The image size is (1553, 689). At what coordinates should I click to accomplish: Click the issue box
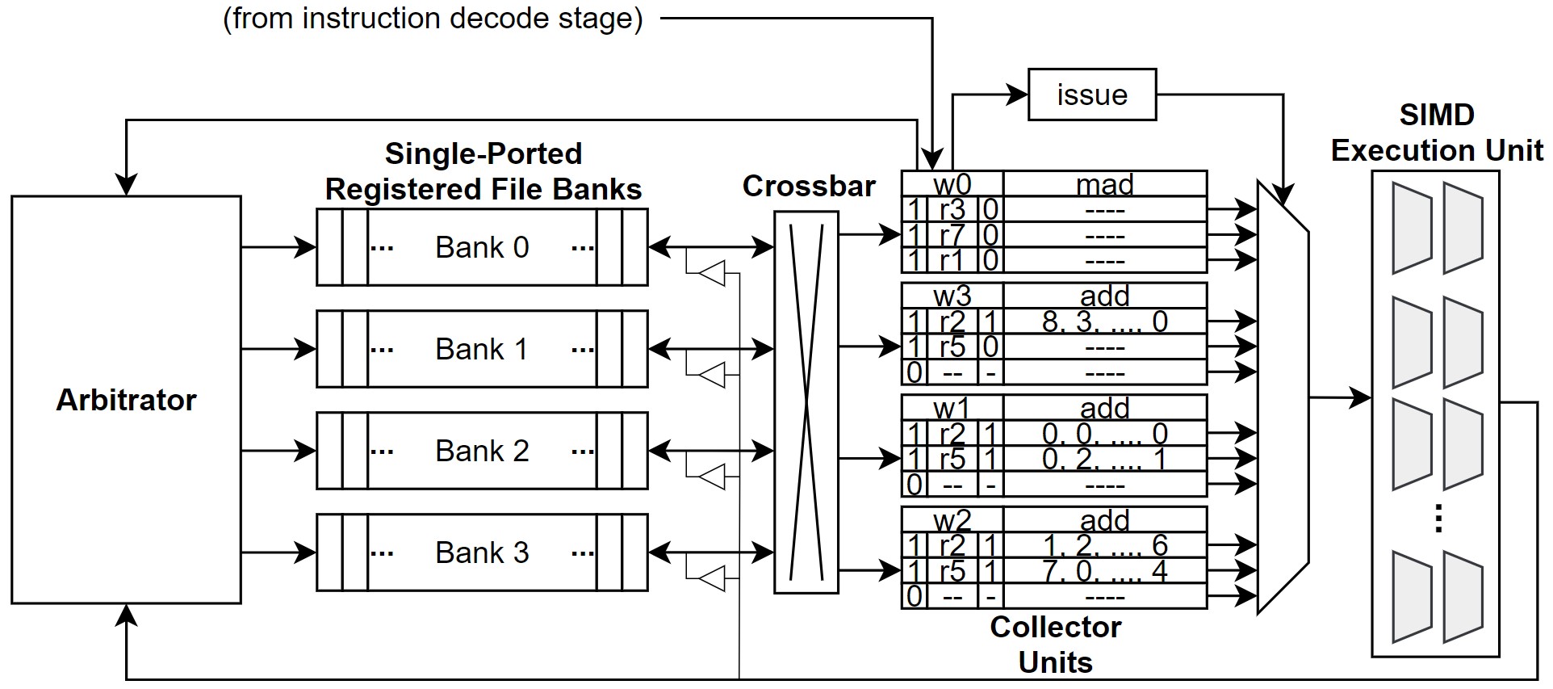1091,95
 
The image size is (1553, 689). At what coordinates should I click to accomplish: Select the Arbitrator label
126,400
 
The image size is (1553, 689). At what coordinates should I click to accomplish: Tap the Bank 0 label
482,247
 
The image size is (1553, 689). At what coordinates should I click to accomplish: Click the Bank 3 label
482,552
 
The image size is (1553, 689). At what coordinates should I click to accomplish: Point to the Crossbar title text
809,187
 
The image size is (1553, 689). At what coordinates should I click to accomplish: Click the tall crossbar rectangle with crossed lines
806,402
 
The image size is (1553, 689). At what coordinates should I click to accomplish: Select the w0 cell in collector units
952,184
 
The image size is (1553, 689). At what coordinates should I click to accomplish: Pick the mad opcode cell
1104,184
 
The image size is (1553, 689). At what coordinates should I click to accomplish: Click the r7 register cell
952,235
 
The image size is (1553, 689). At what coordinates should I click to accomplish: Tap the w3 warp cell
952,296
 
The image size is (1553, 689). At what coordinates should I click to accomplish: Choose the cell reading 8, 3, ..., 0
1104,321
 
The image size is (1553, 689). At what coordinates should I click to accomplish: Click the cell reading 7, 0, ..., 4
1104,571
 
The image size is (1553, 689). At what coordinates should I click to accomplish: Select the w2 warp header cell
952,520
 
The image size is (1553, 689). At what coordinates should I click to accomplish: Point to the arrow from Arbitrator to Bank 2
278,451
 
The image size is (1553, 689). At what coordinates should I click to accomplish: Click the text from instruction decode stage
433,19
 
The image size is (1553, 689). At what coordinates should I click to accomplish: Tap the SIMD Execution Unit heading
1437,132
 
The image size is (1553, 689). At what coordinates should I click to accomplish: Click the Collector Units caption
1055,644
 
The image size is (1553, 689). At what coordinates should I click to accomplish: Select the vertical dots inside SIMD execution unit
1438,519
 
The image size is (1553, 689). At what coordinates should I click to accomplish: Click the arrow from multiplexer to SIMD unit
1340,397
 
